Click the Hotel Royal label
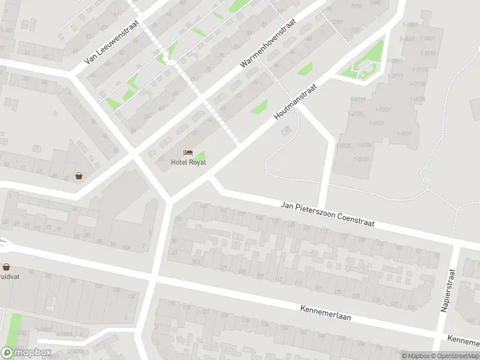coord(188,162)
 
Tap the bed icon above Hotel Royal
coord(188,153)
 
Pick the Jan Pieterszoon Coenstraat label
coord(328,214)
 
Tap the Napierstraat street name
coord(448,290)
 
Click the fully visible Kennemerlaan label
coord(325,311)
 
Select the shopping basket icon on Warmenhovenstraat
coord(79,176)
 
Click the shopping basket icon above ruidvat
coord(6,267)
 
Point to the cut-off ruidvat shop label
coord(9,277)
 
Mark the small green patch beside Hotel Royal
coord(199,155)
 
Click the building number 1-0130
coord(363,159)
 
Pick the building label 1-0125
coord(357,113)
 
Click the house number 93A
coord(127,247)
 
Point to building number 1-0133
coord(345,146)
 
